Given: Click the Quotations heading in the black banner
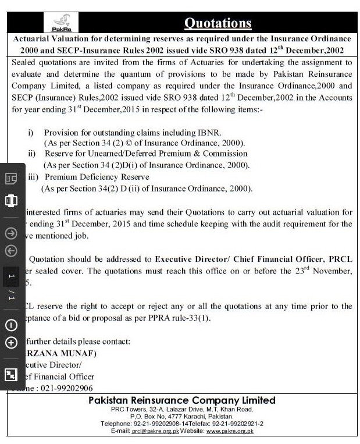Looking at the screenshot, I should (x=218, y=23).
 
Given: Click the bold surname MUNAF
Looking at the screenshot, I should (x=69, y=353).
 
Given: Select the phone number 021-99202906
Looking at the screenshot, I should (x=62, y=388).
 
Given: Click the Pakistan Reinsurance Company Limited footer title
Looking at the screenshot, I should (x=181, y=400).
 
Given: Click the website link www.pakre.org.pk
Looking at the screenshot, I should (x=230, y=431).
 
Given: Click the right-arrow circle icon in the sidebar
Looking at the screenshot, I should (x=11, y=233).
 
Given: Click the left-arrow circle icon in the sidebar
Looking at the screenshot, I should (x=11, y=251).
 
